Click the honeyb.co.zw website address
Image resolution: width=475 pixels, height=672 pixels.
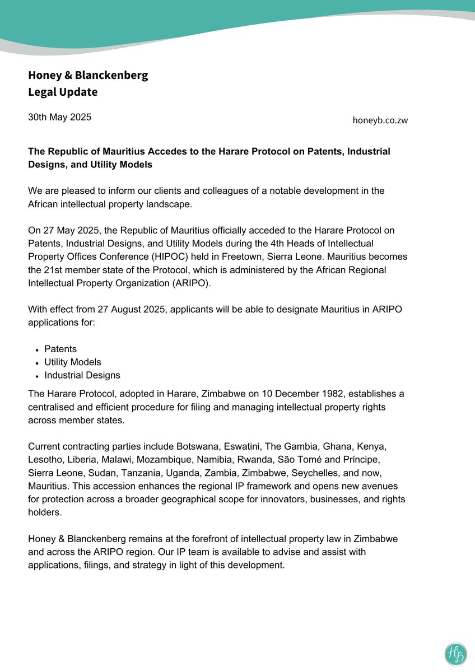click(380, 120)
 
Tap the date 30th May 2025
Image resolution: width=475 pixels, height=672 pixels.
click(59, 117)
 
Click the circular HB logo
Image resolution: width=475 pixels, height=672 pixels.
click(455, 654)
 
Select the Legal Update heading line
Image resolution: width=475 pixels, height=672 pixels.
click(63, 92)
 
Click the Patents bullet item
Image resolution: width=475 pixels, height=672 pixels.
click(60, 349)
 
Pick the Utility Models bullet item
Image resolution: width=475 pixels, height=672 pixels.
click(73, 362)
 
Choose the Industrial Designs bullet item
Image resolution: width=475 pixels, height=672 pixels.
click(82, 375)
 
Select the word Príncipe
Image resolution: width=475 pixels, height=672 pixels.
click(378, 460)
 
